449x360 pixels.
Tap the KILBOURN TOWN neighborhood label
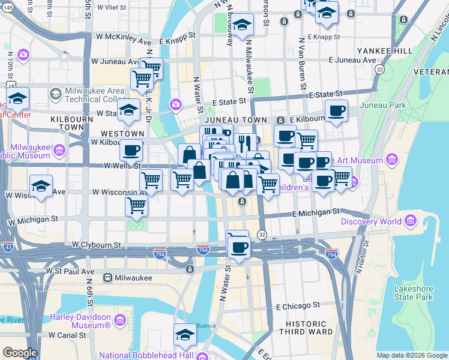tap(72, 124)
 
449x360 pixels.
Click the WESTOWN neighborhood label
tap(122, 133)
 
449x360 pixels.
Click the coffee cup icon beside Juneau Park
tap(336, 111)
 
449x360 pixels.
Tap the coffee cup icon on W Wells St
tap(131, 150)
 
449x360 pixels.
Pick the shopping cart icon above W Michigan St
tap(137, 205)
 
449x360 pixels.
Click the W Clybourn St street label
tap(97, 245)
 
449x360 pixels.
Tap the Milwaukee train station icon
tap(107, 278)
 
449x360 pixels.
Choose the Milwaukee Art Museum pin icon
tap(392, 160)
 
